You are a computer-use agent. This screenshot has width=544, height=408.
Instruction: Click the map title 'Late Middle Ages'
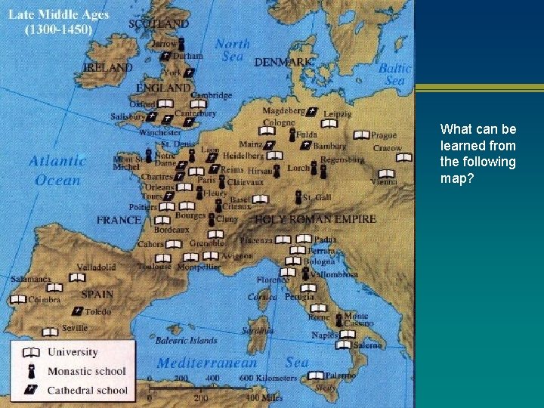point(59,15)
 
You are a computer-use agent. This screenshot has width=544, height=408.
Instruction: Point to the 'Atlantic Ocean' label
point(57,170)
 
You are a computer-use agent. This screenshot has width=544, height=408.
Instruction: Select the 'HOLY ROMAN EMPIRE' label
point(315,219)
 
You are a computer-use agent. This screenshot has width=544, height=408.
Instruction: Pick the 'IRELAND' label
point(107,67)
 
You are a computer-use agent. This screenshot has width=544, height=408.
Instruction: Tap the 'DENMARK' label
point(283,62)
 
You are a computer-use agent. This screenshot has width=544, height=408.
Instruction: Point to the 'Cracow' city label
point(387,148)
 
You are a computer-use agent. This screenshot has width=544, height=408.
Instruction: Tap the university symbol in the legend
point(32,352)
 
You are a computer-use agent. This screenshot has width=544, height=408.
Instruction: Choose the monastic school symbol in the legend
point(32,371)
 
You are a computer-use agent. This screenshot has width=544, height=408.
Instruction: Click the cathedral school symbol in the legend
point(32,390)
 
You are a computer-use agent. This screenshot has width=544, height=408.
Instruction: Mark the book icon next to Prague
point(361,135)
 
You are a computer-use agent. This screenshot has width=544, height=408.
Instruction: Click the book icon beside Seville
point(50,332)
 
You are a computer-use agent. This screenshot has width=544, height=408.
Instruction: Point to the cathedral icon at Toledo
point(77,311)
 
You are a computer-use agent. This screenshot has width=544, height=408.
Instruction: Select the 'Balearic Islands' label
point(186,341)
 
